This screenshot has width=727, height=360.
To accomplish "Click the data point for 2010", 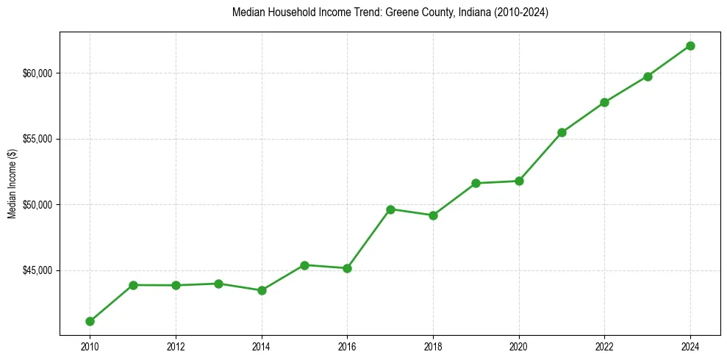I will [x=90, y=321].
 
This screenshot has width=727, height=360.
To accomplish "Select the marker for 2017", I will [x=390, y=209].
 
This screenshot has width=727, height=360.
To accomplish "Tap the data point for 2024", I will [x=690, y=46].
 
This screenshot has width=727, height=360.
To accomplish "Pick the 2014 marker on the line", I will [x=262, y=290].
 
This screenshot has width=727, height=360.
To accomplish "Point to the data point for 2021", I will [x=562, y=132].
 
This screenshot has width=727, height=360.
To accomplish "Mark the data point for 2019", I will [x=476, y=183].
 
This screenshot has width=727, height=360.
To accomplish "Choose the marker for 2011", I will [x=133, y=285].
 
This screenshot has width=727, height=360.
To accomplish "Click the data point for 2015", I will [x=304, y=265].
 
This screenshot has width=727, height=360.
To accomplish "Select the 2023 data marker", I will [x=648, y=76].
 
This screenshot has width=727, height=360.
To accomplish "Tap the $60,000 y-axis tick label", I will [x=37, y=73].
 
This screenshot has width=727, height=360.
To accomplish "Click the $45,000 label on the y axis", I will [x=37, y=270].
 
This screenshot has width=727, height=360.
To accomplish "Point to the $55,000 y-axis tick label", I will [x=37, y=139].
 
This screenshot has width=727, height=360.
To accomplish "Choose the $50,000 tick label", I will [x=37, y=204].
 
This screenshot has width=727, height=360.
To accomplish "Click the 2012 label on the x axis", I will [x=176, y=347].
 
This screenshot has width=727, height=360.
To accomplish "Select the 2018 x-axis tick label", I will [x=433, y=347].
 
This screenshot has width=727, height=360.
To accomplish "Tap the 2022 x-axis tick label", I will [x=604, y=347].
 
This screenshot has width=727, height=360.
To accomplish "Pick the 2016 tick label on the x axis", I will [x=347, y=347].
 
